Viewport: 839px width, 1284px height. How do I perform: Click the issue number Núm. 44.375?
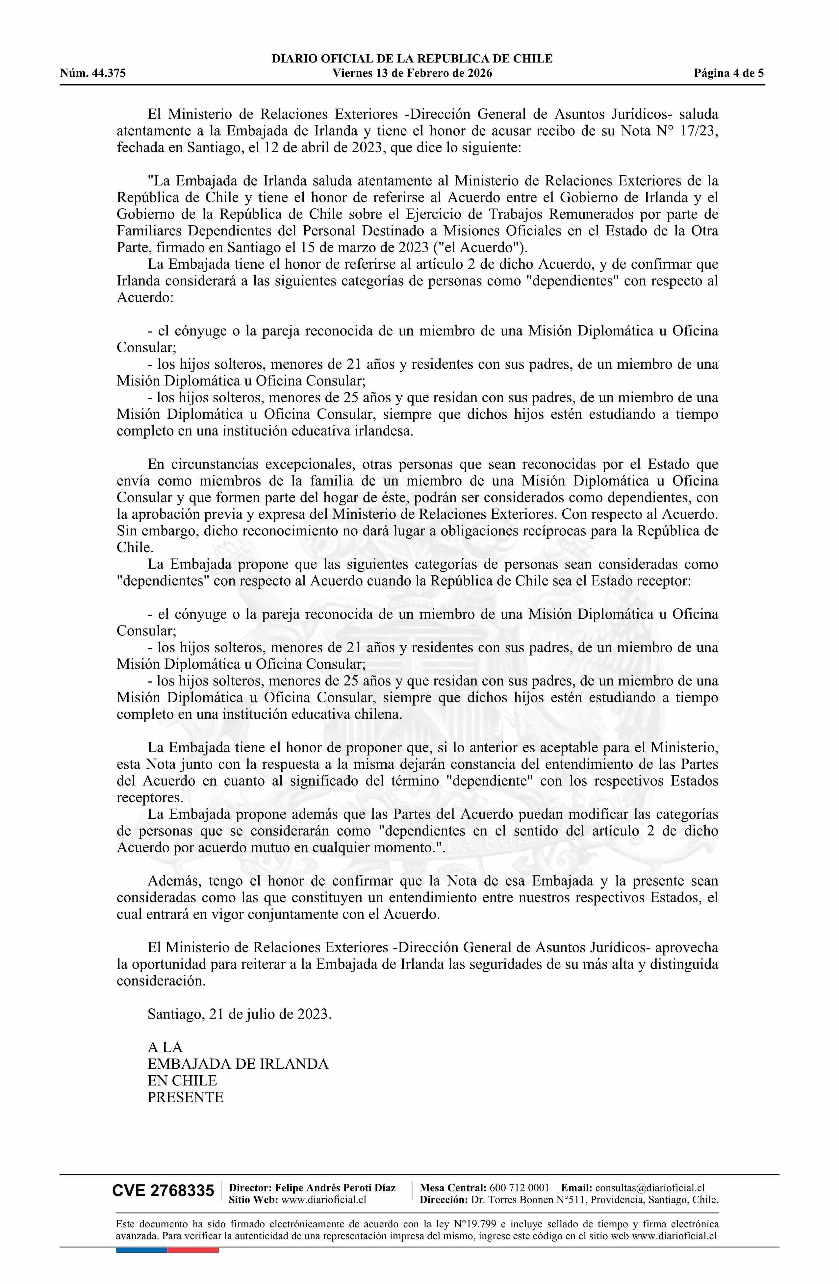(93, 73)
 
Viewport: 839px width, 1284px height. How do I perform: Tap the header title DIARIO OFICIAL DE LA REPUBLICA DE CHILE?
(412, 59)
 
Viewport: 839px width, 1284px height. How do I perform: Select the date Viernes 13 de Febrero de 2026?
(412, 73)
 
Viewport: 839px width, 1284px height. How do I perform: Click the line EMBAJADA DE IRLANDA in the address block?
(238, 1064)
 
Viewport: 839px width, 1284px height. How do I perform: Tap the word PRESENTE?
(186, 1097)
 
